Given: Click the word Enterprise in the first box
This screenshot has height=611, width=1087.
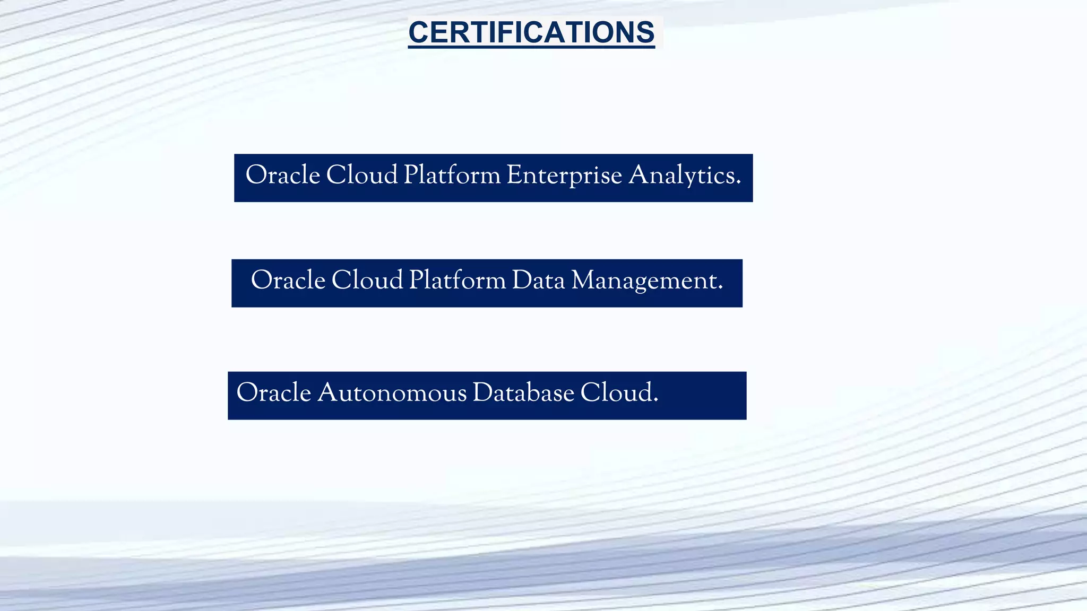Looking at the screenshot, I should [x=564, y=175].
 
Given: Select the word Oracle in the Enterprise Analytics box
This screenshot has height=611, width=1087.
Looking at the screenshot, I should [x=282, y=175].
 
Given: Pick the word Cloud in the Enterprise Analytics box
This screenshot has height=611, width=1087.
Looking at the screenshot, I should [x=361, y=175].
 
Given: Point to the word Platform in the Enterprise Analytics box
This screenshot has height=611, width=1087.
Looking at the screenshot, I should [x=452, y=175].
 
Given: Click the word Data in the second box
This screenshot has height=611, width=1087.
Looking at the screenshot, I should [x=538, y=281].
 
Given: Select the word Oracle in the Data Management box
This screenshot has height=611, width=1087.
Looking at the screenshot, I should [x=288, y=281].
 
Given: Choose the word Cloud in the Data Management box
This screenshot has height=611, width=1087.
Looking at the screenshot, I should [x=367, y=281].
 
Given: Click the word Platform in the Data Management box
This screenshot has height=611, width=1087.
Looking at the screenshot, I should [x=457, y=281].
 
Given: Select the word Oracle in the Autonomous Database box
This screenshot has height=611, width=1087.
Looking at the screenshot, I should [x=273, y=393].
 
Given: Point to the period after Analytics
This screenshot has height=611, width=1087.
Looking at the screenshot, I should [x=738, y=183].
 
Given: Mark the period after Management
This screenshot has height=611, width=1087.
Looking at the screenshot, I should [x=720, y=289].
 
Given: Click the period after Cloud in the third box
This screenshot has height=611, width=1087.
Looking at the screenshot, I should [x=656, y=401].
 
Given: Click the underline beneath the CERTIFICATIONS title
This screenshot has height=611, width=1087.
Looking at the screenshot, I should [x=531, y=47].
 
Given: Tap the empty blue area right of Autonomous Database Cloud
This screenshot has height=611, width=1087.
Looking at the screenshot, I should [x=703, y=396].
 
